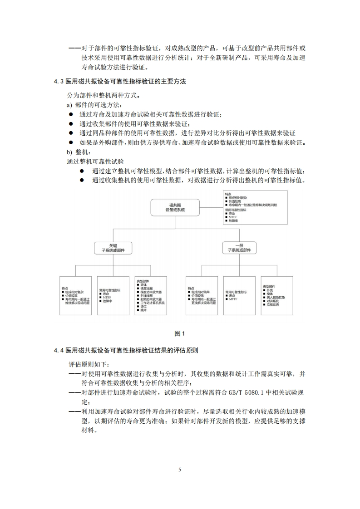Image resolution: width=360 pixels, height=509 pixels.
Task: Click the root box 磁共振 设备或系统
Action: [175, 208]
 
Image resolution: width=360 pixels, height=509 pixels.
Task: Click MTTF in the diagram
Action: [233, 299]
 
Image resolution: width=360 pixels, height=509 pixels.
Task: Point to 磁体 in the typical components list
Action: [144, 285]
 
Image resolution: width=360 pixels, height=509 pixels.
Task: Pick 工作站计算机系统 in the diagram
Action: [153, 303]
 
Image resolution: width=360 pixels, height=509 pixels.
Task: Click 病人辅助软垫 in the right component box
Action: [276, 297]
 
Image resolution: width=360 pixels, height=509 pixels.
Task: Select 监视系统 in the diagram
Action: [273, 304]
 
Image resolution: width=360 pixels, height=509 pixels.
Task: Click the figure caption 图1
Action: [180, 334]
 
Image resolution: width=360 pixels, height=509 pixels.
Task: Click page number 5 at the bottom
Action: [180, 470]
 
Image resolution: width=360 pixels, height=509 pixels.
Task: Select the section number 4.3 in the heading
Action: [59, 82]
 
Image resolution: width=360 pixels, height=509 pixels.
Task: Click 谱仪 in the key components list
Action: [143, 307]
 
